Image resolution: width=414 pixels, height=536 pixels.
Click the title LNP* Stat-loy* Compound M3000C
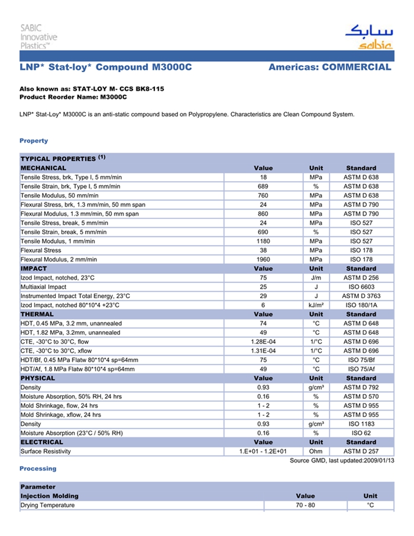click(106, 67)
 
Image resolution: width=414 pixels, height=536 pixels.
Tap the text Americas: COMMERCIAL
click(329, 67)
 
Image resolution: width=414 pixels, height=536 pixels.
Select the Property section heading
click(34, 141)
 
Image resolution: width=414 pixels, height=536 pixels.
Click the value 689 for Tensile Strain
click(263, 186)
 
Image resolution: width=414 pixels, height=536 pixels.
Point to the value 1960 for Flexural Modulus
click(263, 259)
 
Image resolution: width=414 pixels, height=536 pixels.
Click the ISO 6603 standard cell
click(361, 287)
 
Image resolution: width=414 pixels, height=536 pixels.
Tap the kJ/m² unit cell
click(316, 305)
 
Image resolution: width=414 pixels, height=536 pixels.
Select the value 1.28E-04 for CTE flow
click(263, 341)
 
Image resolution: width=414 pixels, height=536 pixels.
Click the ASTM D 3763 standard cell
click(361, 296)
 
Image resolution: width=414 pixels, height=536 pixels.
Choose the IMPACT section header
click(34, 269)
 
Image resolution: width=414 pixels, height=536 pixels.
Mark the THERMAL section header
click(37, 314)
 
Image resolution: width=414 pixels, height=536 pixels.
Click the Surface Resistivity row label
click(46, 451)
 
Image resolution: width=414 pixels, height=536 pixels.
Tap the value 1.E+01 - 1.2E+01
click(263, 451)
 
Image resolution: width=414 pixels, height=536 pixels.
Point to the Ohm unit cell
click(316, 451)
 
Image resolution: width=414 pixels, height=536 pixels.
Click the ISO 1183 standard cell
click(361, 424)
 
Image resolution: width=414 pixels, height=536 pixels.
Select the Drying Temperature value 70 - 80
click(305, 505)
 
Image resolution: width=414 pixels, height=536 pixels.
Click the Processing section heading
click(38, 469)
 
